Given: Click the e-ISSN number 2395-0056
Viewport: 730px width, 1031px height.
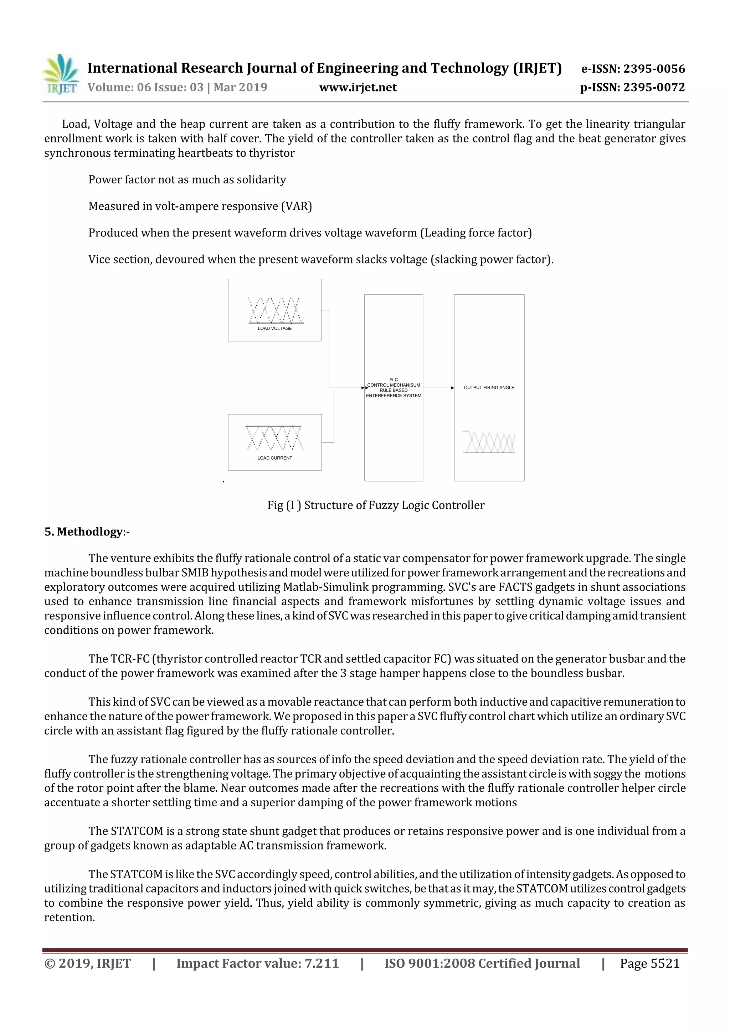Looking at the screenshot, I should click(654, 69).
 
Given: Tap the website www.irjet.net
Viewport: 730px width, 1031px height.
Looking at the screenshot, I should click(358, 87).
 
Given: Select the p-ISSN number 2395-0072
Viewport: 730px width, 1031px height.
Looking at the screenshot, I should click(654, 87).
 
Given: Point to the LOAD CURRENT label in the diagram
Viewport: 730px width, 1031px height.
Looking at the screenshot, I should click(275, 458).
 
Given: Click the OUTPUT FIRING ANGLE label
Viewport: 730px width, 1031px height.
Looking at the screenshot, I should click(489, 388).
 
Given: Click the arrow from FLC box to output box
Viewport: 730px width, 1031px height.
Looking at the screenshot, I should click(438, 388).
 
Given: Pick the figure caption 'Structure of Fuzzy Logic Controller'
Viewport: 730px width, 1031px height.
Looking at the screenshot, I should click(394, 505).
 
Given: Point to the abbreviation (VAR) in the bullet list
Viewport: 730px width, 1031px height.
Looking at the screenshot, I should click(296, 206).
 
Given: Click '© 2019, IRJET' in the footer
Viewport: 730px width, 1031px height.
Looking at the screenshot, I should click(88, 963).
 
